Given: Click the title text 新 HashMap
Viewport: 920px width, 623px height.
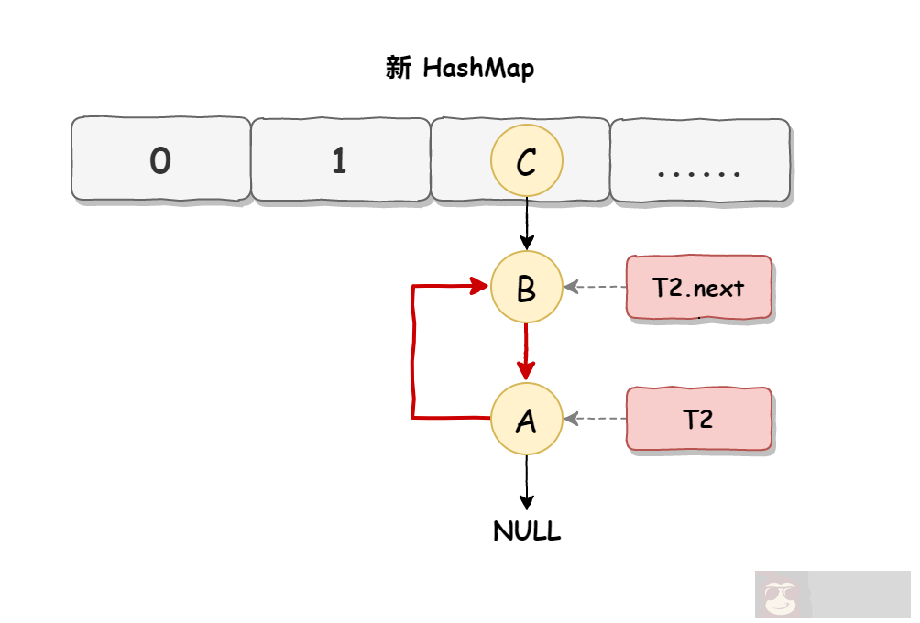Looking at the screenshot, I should [x=460, y=69].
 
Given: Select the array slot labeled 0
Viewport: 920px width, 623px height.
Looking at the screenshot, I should [x=160, y=159].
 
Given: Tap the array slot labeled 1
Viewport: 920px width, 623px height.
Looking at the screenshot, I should [x=340, y=159].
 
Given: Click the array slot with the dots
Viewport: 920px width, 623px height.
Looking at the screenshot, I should [x=700, y=159].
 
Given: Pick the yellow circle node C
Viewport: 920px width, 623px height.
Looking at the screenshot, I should [x=526, y=161].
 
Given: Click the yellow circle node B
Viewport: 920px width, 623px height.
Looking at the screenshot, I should [x=526, y=288].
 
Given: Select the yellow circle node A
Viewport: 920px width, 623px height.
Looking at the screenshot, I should [x=526, y=420].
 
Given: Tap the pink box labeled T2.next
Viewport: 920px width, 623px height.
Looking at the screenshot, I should [x=699, y=288].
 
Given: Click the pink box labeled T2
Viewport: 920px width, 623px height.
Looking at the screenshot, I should [x=699, y=419].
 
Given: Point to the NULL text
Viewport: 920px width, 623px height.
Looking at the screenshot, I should [x=527, y=532].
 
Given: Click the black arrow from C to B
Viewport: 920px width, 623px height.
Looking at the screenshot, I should [x=527, y=224].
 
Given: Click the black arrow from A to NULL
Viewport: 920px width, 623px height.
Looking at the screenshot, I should [x=527, y=480].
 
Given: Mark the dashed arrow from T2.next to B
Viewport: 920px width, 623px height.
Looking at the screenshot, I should [x=595, y=288].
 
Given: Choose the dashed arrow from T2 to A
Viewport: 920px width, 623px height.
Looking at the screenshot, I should [x=595, y=419].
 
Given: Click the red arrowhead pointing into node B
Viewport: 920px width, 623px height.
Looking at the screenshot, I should [x=479, y=287].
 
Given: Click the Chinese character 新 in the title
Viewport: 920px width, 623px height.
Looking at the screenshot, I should [x=399, y=69].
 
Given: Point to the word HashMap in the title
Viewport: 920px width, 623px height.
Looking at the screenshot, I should [x=478, y=69].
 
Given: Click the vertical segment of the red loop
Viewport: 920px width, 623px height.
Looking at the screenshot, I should [x=414, y=353].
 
